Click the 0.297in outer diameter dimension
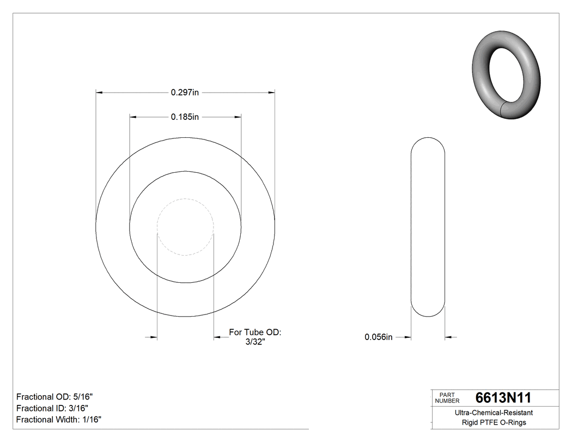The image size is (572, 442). click(185, 93)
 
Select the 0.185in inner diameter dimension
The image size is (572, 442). click(185, 117)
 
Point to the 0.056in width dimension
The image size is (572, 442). click(378, 337)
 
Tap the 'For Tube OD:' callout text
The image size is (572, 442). click(254, 332)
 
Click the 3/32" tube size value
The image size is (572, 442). click(254, 342)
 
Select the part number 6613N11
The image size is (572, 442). click(503, 398)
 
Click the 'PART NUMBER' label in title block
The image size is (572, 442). click(447, 398)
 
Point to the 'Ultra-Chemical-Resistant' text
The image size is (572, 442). click(494, 413)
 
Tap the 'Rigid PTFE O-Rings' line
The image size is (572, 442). click(494, 422)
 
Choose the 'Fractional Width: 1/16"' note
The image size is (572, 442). click(58, 420)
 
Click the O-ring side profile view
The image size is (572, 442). click(428, 226)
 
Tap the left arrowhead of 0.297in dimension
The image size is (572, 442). click(99, 93)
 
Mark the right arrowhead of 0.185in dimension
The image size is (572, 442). click(238, 117)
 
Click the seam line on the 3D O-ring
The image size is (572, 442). click(502, 110)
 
